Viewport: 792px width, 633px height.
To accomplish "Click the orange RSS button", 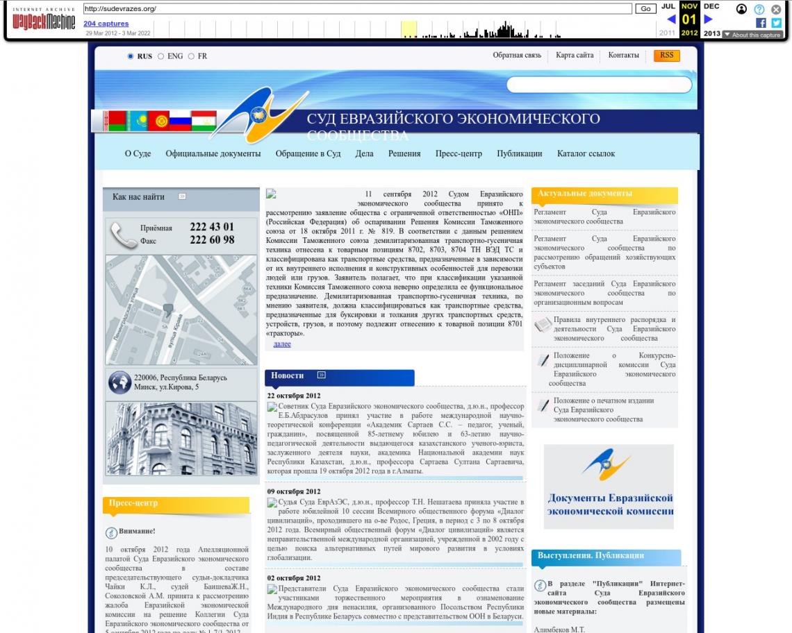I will (666, 56).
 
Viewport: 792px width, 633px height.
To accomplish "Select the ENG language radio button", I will (161, 56).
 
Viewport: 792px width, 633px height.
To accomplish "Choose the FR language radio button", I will (192, 56).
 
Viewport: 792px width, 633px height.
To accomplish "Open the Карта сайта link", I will (575, 56).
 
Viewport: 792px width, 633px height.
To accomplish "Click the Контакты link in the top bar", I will (623, 56).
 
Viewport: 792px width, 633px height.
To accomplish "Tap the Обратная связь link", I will (517, 56).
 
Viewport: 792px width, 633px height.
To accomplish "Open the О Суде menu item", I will (138, 153).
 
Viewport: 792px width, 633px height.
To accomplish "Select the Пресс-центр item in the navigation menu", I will (459, 153).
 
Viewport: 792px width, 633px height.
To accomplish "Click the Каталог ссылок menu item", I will (586, 153).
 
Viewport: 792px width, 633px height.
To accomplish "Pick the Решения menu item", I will (404, 153).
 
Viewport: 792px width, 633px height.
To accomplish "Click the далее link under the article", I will (282, 344).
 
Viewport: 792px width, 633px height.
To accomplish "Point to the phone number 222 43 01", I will (212, 227).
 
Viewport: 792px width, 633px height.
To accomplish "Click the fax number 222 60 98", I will (212, 240).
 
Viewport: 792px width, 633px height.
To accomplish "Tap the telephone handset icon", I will (124, 235).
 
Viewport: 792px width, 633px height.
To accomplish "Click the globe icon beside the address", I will (119, 382).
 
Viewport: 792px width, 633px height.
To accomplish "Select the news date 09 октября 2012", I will (294, 491).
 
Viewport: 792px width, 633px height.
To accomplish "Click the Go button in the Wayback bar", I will (645, 9).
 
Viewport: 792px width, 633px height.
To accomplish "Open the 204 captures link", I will (106, 24).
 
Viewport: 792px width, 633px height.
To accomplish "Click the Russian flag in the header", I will (180, 121).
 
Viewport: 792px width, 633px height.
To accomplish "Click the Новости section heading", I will (288, 375).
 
